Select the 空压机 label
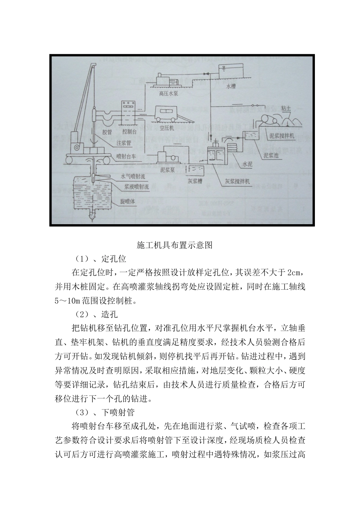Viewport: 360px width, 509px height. point(166,128)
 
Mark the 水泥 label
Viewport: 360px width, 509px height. point(247,164)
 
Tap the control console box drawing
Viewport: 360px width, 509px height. point(127,113)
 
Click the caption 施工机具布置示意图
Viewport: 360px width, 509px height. point(180,245)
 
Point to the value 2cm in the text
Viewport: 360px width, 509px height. point(294,273)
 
